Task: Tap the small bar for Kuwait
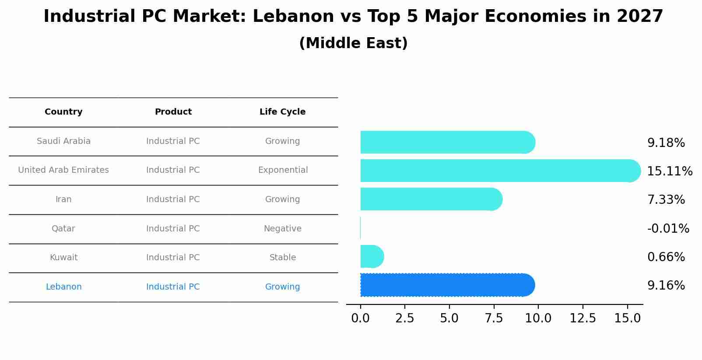(372, 256)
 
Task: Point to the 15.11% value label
(669, 171)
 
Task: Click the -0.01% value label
(668, 229)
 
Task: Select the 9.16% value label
(666, 286)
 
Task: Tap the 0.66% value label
(666, 257)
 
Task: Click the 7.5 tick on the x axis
(494, 318)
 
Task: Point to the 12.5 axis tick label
(583, 318)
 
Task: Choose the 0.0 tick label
(360, 318)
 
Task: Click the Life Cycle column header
(282, 112)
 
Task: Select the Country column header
(63, 112)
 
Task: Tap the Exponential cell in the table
(283, 170)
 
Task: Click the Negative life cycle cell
(282, 229)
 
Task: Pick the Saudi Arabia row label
(63, 141)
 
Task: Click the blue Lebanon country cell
(63, 287)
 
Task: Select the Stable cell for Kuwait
(282, 258)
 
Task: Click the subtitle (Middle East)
(353, 43)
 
